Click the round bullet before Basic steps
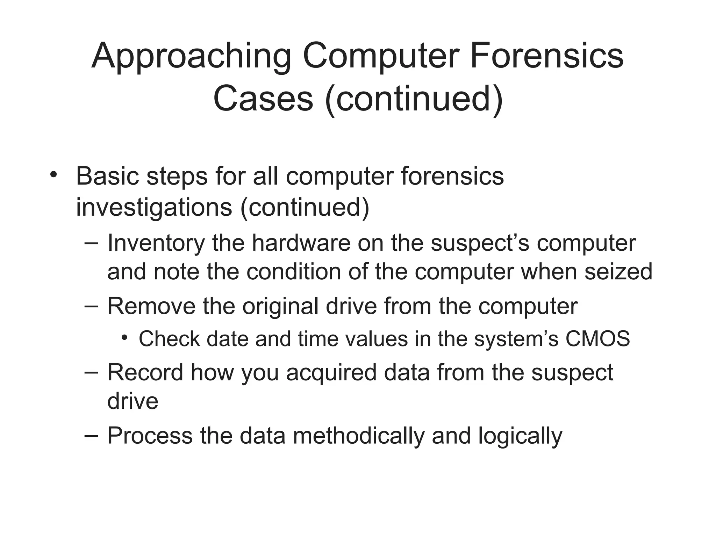[x=53, y=174]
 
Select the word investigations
[x=154, y=208]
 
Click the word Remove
[x=151, y=306]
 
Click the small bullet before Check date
[x=124, y=338]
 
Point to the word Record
[x=145, y=372]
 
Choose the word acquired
[x=331, y=373]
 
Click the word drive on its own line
[x=133, y=401]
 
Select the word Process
[x=150, y=436]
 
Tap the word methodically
[x=358, y=436]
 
